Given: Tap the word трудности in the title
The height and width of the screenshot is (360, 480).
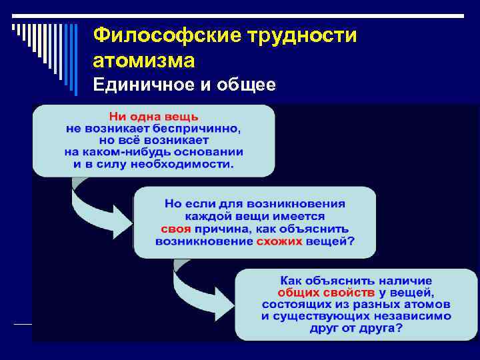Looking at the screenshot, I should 294,35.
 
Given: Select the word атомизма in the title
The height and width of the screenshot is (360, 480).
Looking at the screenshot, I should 144,61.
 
